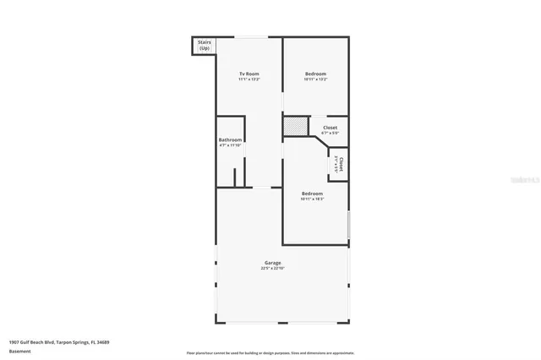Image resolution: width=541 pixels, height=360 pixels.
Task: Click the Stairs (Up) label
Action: pos(205,45)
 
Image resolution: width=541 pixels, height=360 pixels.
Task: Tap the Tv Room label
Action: pos(249,74)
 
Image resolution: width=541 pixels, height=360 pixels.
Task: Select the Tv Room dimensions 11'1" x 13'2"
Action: pos(249,80)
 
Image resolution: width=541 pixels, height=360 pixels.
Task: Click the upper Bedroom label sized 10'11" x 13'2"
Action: pos(315,74)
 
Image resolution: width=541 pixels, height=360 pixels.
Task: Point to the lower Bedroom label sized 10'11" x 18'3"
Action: pos(312,194)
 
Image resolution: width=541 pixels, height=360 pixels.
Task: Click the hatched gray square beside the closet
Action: pos(294,125)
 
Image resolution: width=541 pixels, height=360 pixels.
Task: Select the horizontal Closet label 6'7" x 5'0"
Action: pos(330,128)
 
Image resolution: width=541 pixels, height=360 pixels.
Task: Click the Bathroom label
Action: pos(230,139)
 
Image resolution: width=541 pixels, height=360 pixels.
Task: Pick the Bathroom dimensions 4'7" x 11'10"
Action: pos(230,145)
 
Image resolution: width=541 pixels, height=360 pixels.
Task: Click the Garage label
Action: pos(272,263)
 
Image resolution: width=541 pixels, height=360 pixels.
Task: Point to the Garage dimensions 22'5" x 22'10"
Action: pos(272,269)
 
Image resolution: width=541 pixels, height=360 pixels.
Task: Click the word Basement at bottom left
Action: pos(19,352)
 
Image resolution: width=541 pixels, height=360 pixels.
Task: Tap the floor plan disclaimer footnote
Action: pos(270,352)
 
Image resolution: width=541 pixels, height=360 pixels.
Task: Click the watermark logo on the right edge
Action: pos(528,180)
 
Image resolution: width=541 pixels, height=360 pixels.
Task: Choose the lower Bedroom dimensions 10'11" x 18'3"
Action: pos(312,199)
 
